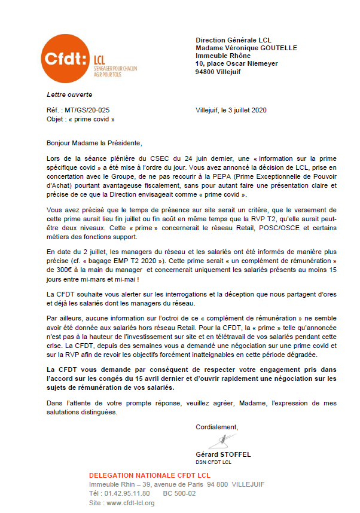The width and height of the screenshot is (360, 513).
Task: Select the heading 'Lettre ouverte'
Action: [70, 94]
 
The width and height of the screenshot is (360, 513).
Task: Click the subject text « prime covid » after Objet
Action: [93, 119]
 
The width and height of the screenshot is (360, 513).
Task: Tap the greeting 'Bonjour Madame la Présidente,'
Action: [95, 143]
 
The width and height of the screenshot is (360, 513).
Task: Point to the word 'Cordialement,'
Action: [216, 427]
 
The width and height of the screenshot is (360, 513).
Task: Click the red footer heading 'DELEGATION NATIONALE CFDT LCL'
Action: [141, 474]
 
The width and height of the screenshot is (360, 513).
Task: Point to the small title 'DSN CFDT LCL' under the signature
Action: [213, 462]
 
